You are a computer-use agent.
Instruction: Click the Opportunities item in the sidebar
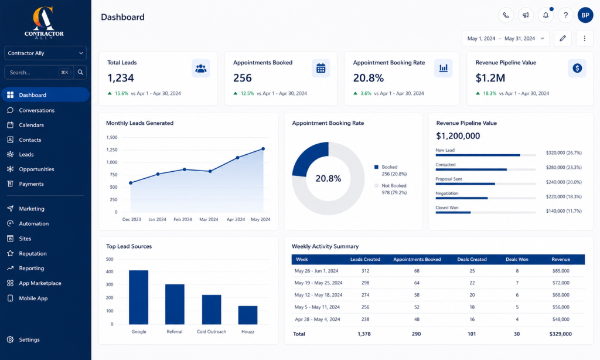(36, 169)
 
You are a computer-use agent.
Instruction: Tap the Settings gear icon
(11, 339)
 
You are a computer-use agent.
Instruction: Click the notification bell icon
(546, 15)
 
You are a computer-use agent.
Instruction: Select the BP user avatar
(585, 15)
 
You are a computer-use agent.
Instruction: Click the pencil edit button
(562, 38)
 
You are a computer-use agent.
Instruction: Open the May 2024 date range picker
(506, 38)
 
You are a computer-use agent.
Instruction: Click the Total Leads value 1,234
(121, 78)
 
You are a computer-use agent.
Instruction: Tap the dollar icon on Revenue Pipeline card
(577, 68)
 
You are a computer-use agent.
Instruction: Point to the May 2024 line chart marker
(263, 148)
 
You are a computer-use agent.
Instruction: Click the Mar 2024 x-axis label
(209, 219)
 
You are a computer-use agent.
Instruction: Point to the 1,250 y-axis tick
(112, 150)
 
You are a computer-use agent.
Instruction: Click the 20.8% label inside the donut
(328, 178)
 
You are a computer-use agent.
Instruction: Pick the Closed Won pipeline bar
(453, 213)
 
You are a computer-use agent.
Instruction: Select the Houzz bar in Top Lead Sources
(248, 315)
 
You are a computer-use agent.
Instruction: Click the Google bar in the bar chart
(138, 297)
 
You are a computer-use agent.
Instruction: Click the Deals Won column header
(517, 259)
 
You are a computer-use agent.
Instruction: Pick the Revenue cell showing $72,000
(561, 283)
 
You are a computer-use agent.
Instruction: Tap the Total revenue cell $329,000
(561, 334)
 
